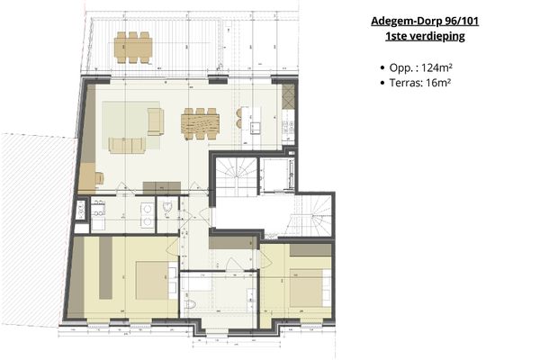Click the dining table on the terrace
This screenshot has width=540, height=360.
coord(133,47)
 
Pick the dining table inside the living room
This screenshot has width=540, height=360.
coord(200,121)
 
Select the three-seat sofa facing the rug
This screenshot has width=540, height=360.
coord(126,144)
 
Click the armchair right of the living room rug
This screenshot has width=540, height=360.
coord(156,121)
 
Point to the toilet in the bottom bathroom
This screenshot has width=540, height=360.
coord(190,305)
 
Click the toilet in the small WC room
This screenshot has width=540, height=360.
coord(169,208)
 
